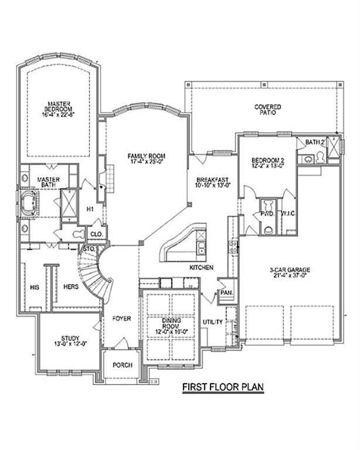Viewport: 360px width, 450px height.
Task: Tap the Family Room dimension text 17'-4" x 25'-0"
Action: (x=147, y=162)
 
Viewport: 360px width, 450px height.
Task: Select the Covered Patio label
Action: (x=267, y=110)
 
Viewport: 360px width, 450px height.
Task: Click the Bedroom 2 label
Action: (x=267, y=161)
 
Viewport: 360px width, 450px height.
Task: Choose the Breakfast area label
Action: (x=212, y=180)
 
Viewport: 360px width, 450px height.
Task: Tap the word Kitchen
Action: (x=200, y=268)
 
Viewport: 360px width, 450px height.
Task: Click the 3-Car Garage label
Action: (x=290, y=270)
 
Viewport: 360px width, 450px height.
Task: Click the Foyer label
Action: (x=121, y=319)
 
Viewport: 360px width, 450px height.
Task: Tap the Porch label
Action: (x=122, y=365)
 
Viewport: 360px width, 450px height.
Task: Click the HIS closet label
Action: (x=33, y=287)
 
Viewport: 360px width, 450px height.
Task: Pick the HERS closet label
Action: (x=71, y=287)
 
